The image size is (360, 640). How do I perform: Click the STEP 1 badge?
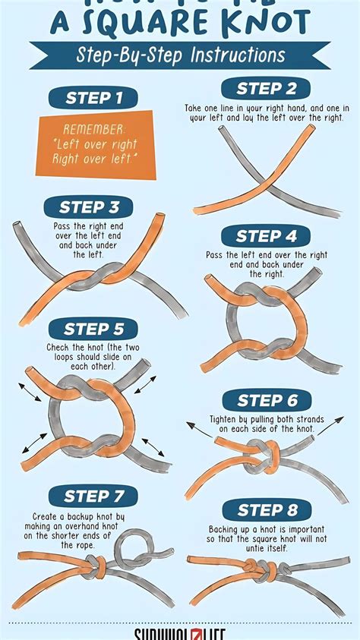point(94,97)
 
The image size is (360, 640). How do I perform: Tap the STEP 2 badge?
point(265,88)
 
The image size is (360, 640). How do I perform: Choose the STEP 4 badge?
point(265,235)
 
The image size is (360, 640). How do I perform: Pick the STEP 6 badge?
point(267,400)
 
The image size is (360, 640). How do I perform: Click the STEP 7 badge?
point(93,497)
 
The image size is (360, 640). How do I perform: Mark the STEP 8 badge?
point(267,509)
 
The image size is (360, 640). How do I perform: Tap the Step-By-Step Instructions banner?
point(179,55)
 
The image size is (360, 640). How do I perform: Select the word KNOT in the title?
point(256,23)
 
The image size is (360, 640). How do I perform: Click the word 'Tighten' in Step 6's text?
point(226,419)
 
